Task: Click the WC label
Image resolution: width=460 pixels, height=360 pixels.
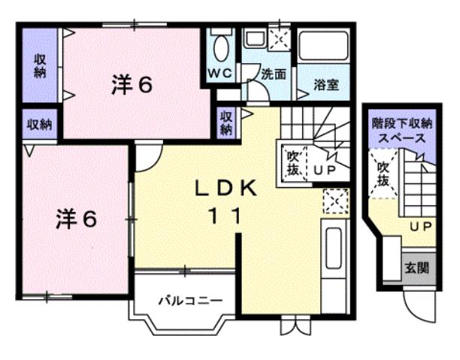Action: (x=220, y=74)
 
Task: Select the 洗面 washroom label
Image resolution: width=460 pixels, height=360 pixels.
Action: (x=274, y=74)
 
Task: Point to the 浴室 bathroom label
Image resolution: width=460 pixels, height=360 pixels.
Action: (x=325, y=84)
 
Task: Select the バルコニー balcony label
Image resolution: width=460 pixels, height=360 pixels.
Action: (x=189, y=301)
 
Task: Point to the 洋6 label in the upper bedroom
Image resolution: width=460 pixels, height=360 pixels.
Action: (x=132, y=85)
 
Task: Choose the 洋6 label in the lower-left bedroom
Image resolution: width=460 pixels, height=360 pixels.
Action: (x=76, y=219)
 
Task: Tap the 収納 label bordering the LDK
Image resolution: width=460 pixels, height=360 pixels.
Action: (x=226, y=123)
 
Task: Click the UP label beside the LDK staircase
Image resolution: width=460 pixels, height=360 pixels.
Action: (x=324, y=170)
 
